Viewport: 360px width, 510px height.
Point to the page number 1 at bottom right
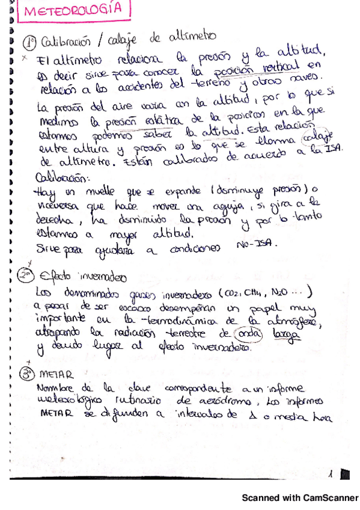pos(331,474)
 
